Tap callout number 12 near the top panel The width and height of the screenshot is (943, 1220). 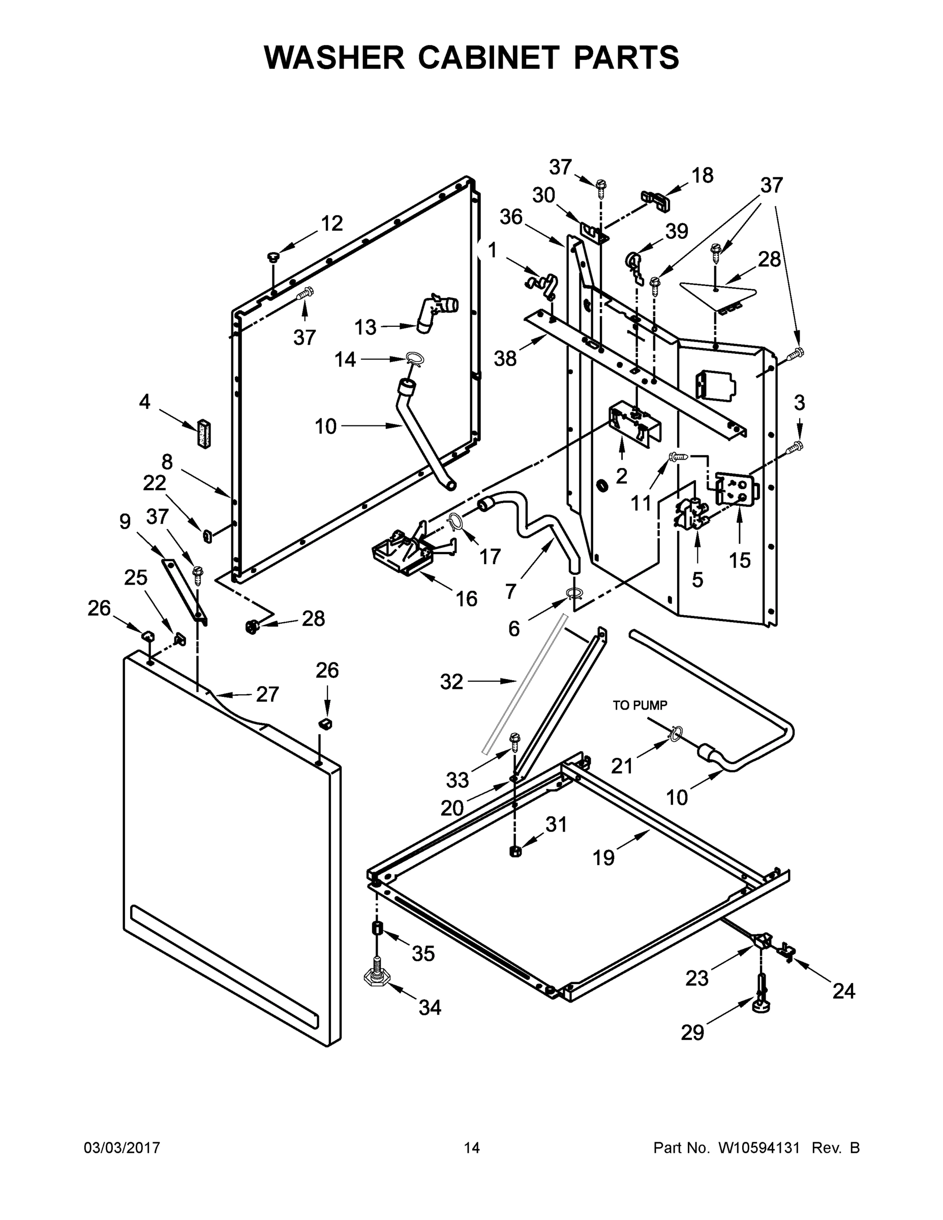331,224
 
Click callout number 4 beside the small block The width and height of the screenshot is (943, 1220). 145,401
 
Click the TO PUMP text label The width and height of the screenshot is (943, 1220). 640,706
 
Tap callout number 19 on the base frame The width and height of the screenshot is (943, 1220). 603,858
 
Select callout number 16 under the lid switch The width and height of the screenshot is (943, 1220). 467,599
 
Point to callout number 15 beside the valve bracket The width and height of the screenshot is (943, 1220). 740,560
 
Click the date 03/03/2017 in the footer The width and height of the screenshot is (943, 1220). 122,1148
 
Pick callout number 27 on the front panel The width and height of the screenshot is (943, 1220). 267,694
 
